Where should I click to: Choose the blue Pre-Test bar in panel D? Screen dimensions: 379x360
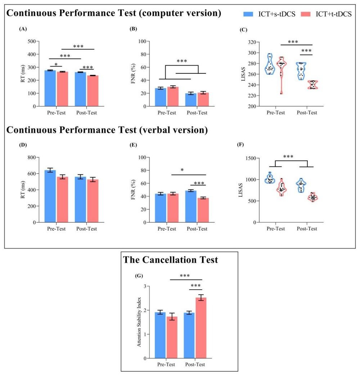point(50,196)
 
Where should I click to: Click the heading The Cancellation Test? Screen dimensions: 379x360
point(171,260)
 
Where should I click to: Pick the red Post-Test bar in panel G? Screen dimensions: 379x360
point(201,328)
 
